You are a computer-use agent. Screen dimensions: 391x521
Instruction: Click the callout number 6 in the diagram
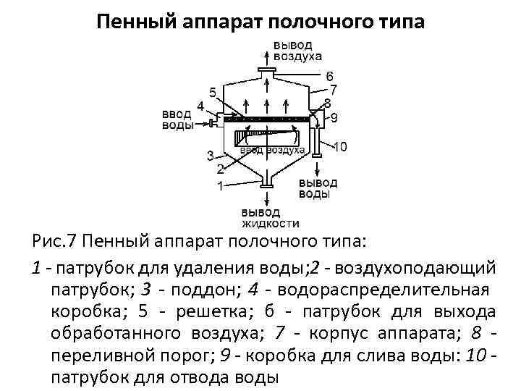click(329, 76)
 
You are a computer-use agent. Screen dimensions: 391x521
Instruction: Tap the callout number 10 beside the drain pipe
click(339, 147)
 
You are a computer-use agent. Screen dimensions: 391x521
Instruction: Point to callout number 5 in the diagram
click(212, 92)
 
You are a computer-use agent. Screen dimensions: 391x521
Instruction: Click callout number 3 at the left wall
click(210, 155)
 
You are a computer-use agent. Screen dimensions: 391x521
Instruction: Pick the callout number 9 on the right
click(334, 117)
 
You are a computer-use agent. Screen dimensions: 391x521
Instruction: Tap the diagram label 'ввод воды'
click(177, 119)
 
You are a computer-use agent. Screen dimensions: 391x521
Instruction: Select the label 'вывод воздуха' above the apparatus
click(297, 51)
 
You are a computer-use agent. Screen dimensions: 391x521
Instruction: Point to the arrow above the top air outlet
click(267, 54)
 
